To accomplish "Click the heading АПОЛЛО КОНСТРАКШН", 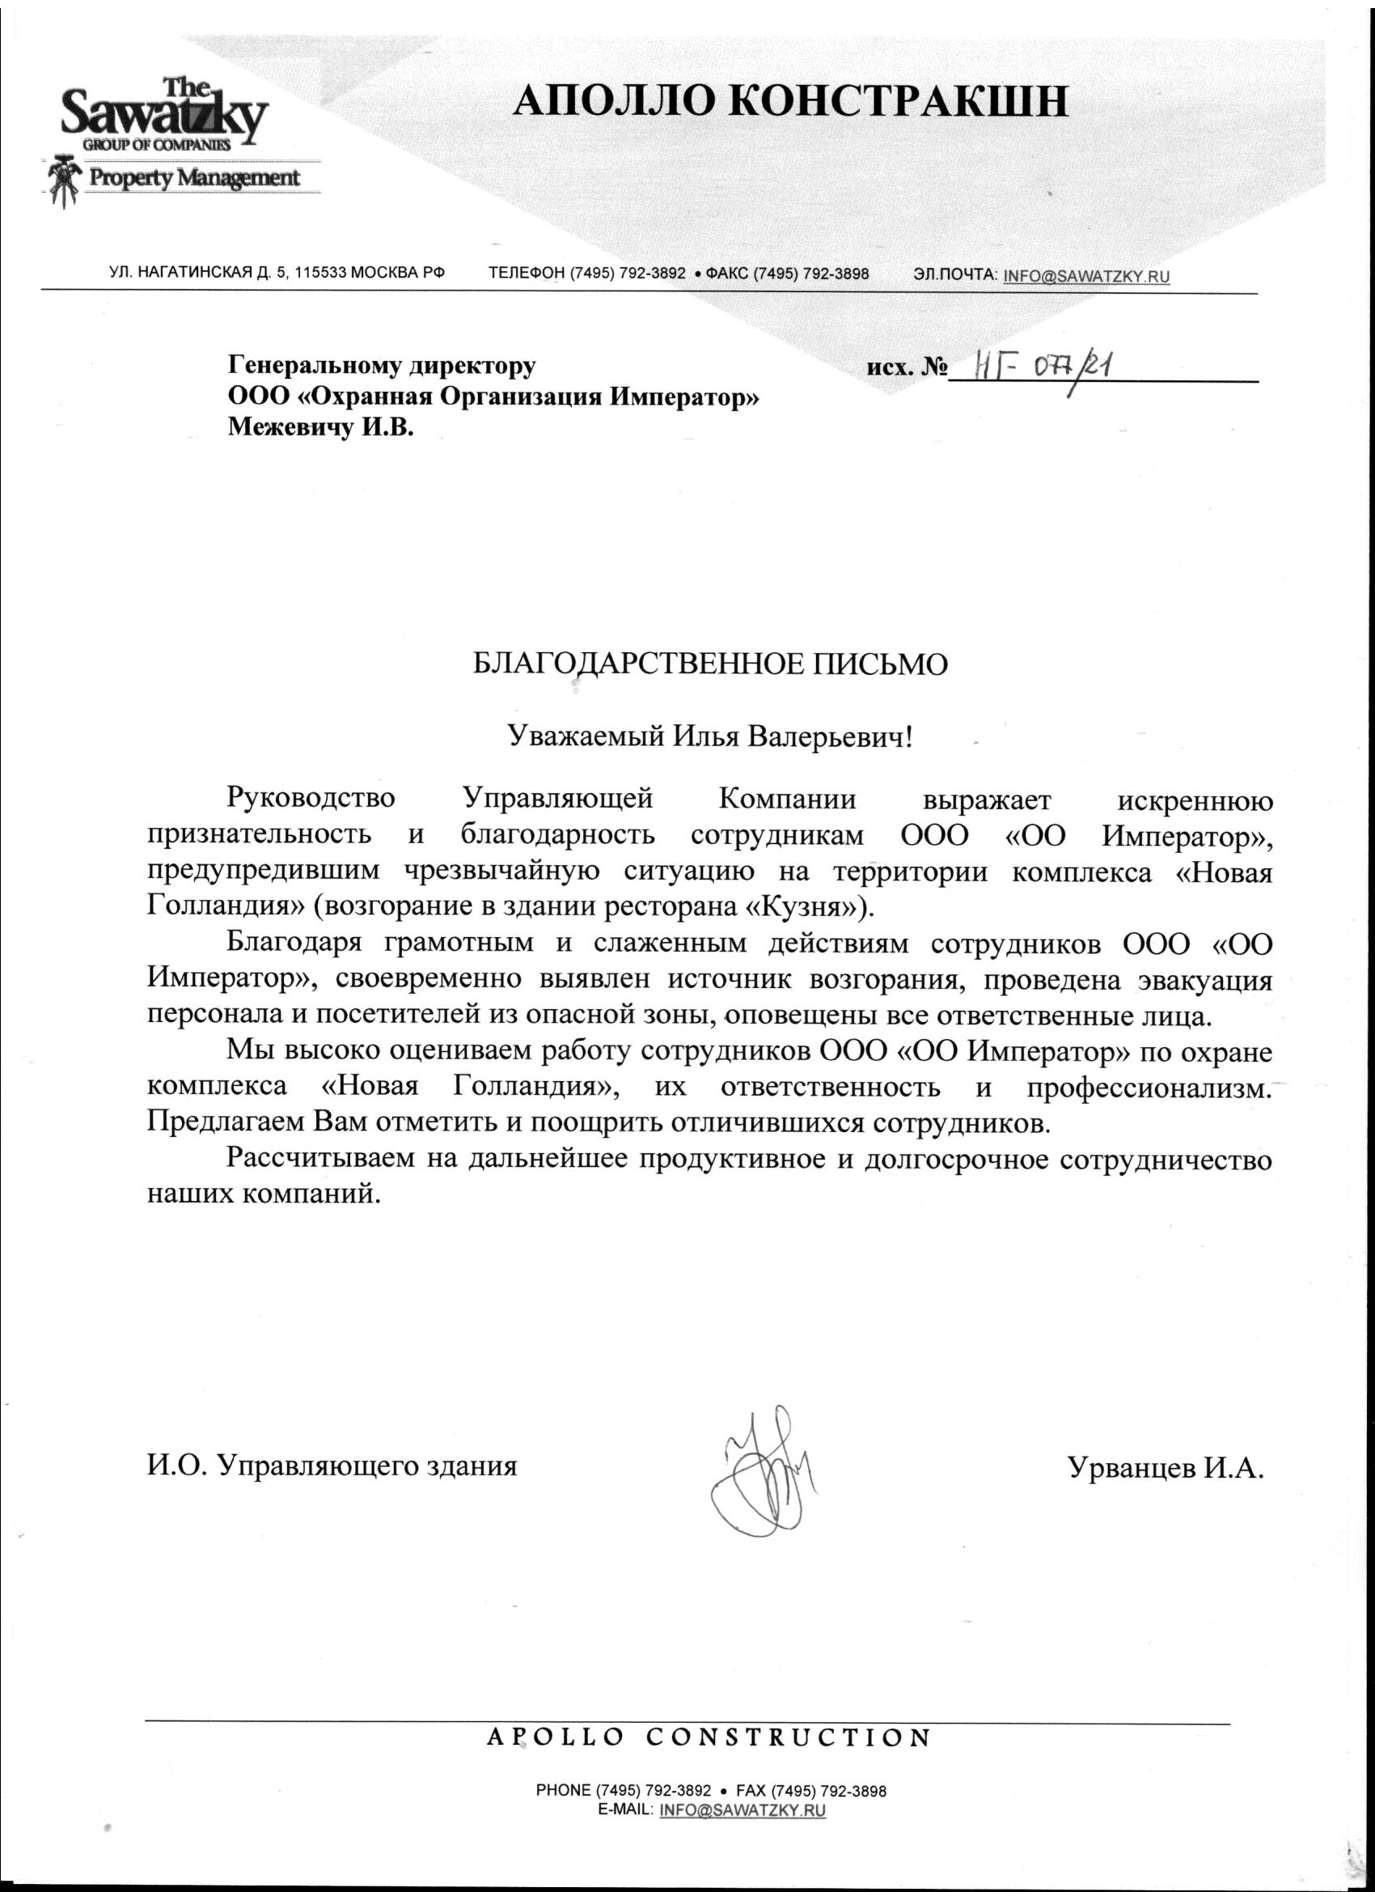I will [789, 103].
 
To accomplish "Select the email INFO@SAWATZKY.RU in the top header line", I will [1086, 275].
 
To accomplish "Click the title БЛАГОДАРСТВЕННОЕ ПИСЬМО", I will [710, 664].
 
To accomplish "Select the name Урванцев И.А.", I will [1165, 1467].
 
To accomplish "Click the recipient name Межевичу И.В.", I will [321, 429].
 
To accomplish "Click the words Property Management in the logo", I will [193, 178].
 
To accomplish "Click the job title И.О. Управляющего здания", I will [332, 1466].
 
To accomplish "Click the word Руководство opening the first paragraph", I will [311, 799].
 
